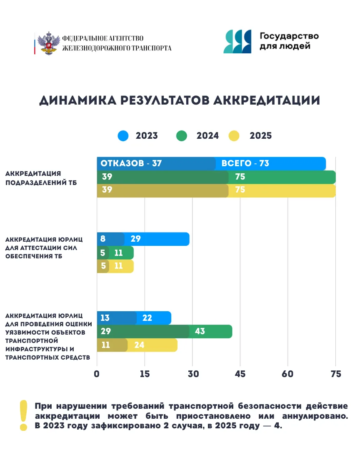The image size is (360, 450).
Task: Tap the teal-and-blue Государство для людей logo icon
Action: (237, 42)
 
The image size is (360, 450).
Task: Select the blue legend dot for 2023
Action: (123, 136)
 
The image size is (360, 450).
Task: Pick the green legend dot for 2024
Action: (182, 136)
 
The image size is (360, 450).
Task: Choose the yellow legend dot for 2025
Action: (234, 136)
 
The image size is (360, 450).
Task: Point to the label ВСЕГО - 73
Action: (245, 164)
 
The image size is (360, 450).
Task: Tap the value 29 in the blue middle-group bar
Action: (136, 239)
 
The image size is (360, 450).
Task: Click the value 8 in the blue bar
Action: (103, 239)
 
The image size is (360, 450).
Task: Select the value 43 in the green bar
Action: (200, 332)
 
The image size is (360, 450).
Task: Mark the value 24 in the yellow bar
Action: (139, 345)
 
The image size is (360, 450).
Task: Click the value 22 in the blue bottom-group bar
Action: (147, 318)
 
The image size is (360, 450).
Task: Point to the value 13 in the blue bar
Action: (105, 318)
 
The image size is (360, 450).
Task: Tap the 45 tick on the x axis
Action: (240, 374)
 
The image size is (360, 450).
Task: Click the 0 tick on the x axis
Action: (97, 374)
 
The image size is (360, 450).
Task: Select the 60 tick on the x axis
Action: (287, 374)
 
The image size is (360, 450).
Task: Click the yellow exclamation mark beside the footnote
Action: (24, 415)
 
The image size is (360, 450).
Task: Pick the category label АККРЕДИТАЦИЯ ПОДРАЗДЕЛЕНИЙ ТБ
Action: (41, 178)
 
